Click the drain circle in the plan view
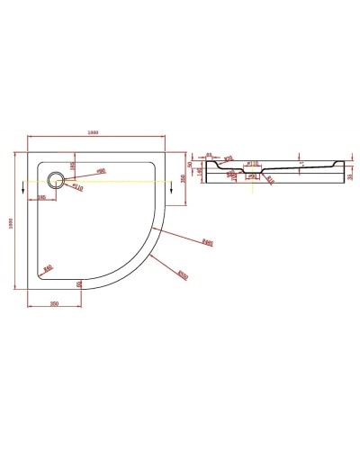(x=58, y=179)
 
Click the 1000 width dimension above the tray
(x=94, y=132)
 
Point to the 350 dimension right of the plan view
(x=184, y=179)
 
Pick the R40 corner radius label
(x=47, y=267)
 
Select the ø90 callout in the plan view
(x=101, y=170)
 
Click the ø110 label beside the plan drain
(x=78, y=188)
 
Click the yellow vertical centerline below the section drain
(x=254, y=187)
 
